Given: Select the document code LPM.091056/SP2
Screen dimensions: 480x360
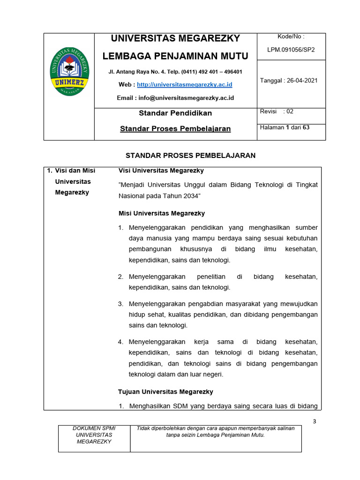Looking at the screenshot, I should point(291,49).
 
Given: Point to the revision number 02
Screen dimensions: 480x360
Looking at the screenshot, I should point(290,112).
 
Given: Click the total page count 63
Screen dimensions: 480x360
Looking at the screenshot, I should point(306,127).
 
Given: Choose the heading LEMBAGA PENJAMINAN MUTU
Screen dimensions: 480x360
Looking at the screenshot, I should point(175,56).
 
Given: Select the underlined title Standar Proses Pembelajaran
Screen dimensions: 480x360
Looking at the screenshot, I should point(175,128).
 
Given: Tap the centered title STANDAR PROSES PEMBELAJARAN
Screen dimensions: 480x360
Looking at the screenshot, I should point(190,156).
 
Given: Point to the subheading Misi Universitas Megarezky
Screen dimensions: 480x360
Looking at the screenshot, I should point(162,213).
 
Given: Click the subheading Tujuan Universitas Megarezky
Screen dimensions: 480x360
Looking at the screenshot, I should point(166,391).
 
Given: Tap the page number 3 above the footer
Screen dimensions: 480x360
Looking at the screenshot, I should point(315,421).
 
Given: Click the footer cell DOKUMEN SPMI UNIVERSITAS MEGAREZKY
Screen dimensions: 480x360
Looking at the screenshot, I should point(94,435).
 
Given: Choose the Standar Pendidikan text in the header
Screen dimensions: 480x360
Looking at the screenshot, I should point(175,113).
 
